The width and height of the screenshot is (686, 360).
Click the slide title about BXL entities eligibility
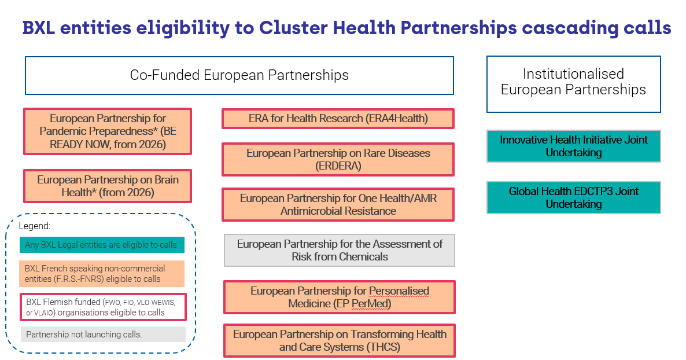(346, 27)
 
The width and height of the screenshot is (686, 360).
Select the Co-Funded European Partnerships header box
(239, 75)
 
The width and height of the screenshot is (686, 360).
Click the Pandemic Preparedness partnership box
(107, 131)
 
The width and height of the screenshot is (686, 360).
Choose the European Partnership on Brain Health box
(108, 186)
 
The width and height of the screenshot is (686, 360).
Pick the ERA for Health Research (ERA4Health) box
(338, 119)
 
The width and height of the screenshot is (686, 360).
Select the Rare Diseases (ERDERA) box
(338, 159)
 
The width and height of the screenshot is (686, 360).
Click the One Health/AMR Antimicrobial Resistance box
(338, 204)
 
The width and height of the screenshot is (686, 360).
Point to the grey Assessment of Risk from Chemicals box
(340, 250)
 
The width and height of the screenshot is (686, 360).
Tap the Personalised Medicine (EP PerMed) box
(340, 297)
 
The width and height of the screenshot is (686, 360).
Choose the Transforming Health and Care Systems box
(340, 340)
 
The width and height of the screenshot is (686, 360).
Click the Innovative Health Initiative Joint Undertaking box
(573, 146)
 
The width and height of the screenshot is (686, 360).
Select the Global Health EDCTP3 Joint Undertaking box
(573, 197)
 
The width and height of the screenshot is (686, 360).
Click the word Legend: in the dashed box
(35, 226)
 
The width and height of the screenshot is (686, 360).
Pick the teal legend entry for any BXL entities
(101, 245)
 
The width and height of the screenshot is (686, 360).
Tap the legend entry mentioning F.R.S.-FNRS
(101, 274)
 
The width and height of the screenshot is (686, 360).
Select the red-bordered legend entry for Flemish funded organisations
(102, 307)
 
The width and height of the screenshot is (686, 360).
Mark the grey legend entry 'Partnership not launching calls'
(102, 335)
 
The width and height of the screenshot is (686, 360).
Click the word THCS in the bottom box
(383, 347)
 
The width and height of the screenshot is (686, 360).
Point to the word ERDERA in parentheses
(338, 166)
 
